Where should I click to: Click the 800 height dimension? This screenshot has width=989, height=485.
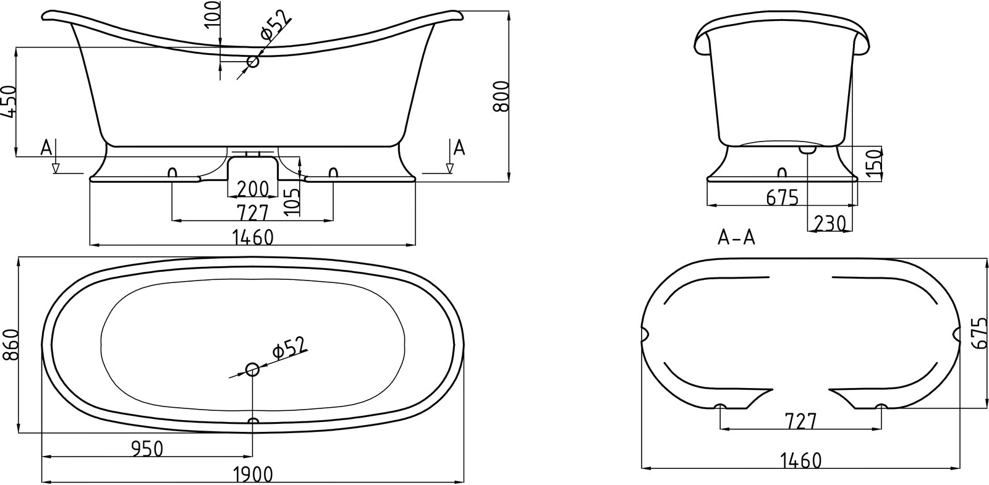click(x=501, y=96)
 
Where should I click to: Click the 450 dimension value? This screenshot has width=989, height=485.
click(x=9, y=102)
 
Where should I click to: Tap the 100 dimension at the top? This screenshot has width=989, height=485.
click(x=213, y=14)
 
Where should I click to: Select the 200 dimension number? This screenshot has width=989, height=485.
click(x=253, y=189)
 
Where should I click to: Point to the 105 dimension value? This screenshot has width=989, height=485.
click(x=292, y=201)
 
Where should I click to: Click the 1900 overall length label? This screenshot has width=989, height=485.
click(x=253, y=475)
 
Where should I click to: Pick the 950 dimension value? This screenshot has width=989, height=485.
click(x=148, y=449)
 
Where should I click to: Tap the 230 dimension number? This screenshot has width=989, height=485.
click(x=829, y=224)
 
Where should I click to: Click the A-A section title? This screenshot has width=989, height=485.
click(x=736, y=238)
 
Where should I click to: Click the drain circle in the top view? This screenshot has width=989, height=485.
click(x=253, y=369)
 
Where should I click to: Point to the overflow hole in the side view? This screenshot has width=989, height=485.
click(x=253, y=61)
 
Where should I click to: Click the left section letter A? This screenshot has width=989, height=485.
click(x=46, y=148)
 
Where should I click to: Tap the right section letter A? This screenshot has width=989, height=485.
click(x=459, y=148)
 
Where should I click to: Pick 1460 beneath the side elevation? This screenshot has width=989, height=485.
click(x=253, y=238)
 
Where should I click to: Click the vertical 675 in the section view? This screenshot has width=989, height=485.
click(x=979, y=333)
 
